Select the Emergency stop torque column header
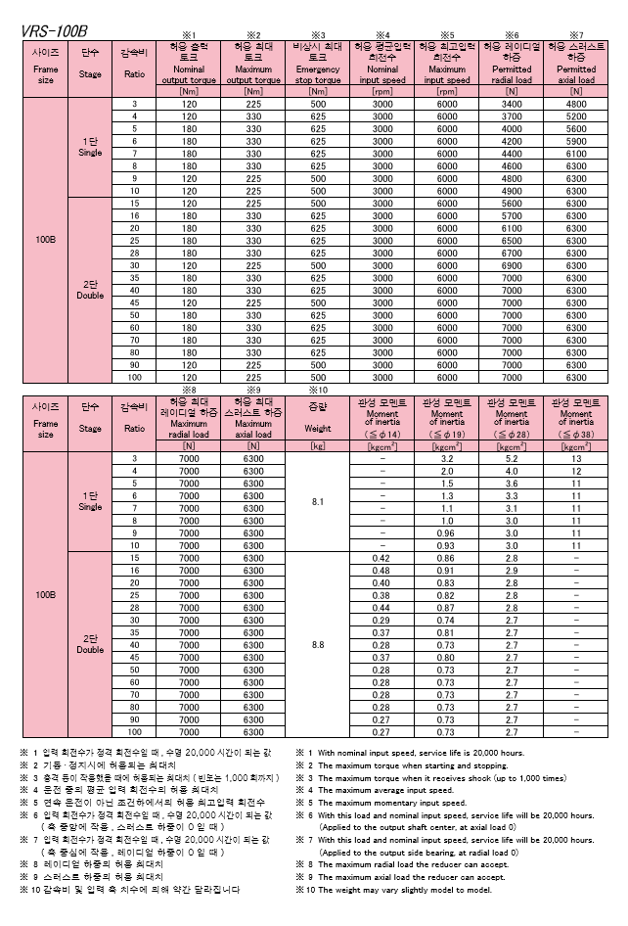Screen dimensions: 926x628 (318, 62)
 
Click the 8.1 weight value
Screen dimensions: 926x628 (316, 501)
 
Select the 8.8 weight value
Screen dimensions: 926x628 (316, 645)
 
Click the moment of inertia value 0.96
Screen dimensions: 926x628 (447, 532)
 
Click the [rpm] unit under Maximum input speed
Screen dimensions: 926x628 (447, 91)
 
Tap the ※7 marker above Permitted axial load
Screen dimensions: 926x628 (576, 34)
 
